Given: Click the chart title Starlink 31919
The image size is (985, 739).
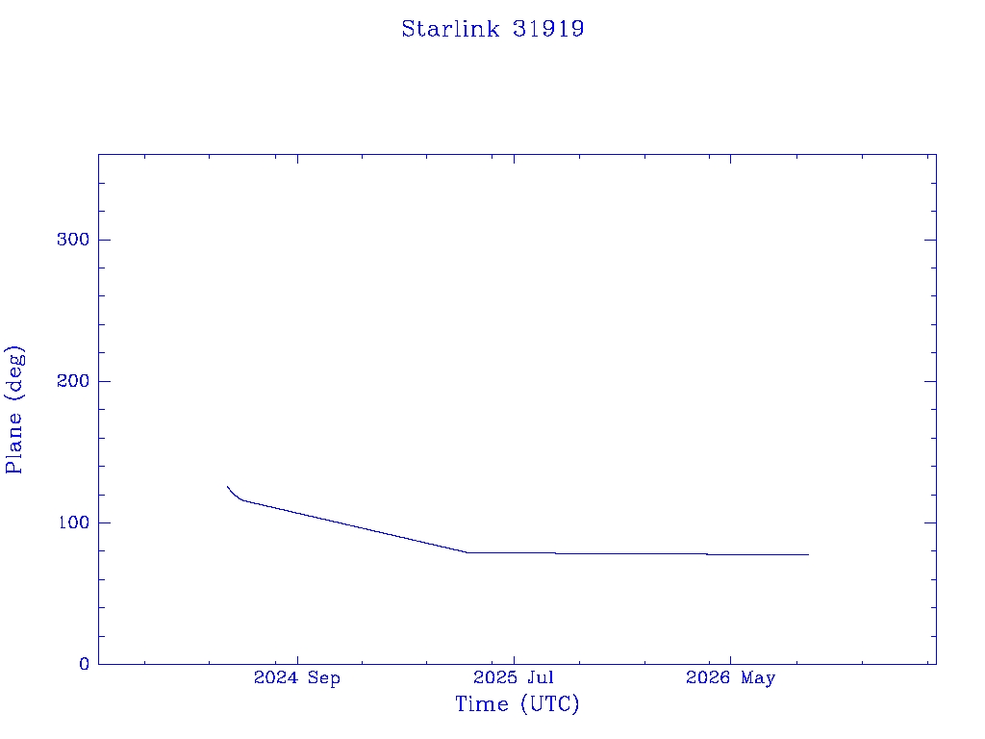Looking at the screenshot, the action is point(493,29).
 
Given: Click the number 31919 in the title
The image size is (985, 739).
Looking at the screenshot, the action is point(548,29).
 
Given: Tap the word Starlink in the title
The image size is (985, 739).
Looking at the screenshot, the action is point(450,29).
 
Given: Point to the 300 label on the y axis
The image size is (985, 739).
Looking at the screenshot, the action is point(73,240).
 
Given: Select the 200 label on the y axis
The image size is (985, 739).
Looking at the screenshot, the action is point(73,381).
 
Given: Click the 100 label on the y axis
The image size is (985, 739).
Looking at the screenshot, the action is point(73,522).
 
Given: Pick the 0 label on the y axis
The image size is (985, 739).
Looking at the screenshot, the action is point(85,664).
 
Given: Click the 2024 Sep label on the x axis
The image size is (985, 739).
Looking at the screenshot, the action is point(297,678).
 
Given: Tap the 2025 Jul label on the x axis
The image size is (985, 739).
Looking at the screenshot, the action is point(514,677).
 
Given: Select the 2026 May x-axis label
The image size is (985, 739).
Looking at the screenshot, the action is point(731,678).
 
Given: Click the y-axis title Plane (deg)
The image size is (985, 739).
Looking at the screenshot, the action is point(14,409).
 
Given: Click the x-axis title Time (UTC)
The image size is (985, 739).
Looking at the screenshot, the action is point(517,704).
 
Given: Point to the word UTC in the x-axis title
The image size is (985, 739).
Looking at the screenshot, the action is point(549,704).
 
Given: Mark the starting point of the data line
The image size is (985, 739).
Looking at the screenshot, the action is point(227,486).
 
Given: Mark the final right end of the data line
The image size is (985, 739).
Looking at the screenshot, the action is point(808,555).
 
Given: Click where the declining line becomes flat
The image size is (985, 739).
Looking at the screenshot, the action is point(467,552).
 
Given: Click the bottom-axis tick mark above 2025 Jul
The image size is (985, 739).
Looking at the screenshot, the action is point(514,660).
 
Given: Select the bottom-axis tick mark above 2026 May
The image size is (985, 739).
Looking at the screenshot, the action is point(731,660).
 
